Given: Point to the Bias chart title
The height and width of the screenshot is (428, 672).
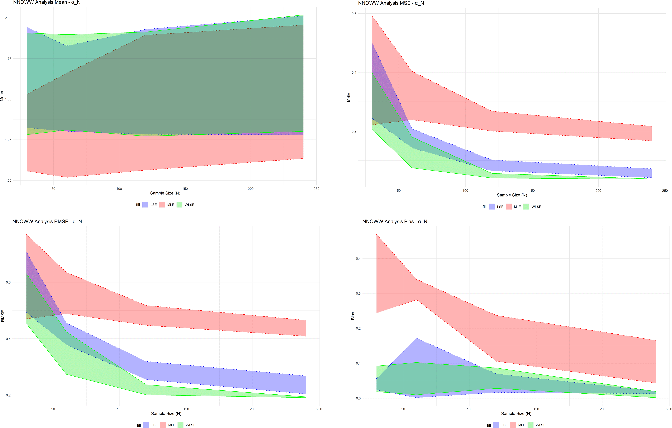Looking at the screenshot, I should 395,222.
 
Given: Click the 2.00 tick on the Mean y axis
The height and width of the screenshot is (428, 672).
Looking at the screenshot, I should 8,18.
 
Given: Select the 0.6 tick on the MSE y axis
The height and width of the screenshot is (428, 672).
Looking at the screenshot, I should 354,14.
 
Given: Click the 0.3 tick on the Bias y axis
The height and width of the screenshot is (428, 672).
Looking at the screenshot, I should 358,293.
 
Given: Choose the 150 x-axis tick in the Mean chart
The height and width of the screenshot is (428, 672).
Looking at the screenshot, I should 185,189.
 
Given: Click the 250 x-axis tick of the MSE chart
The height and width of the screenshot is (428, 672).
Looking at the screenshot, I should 665,191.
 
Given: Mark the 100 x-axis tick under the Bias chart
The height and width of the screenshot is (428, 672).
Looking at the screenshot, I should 470,409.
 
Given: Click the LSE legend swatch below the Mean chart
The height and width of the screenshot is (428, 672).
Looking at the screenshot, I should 145,205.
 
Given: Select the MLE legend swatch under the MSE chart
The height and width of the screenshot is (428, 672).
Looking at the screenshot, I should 509,207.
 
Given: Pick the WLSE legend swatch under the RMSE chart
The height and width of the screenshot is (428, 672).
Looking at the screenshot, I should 181,425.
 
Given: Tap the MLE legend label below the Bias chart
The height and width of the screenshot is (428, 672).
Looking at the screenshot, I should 522,425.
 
